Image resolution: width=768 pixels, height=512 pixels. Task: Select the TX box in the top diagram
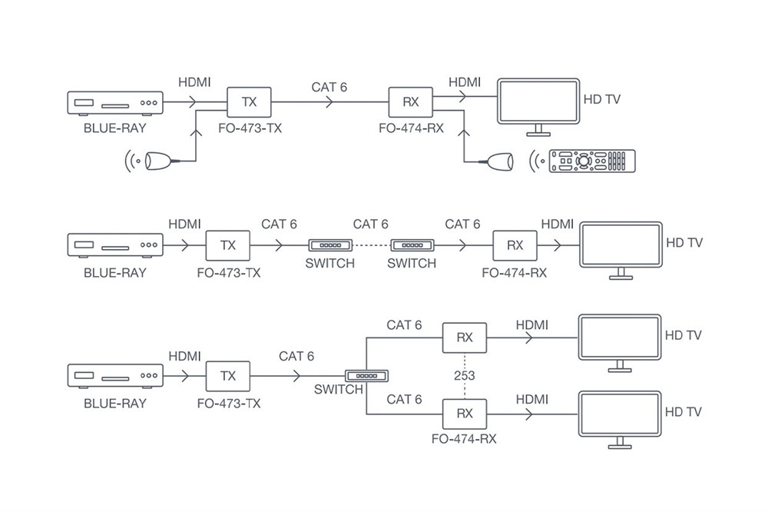pyautogui.click(x=250, y=102)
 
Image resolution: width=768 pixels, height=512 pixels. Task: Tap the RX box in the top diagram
pyautogui.click(x=411, y=102)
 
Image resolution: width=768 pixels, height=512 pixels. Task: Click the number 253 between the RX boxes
pyautogui.click(x=465, y=376)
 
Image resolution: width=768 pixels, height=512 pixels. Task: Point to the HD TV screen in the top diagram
pyautogui.click(x=538, y=101)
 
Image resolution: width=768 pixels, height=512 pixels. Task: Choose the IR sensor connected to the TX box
pyautogui.click(x=158, y=161)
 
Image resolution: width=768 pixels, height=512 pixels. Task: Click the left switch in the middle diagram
pyautogui.click(x=329, y=246)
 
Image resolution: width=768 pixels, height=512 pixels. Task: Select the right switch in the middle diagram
pyautogui.click(x=412, y=246)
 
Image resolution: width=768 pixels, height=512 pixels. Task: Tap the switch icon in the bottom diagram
pyautogui.click(x=367, y=375)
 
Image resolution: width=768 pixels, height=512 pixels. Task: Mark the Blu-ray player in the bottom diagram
pyautogui.click(x=114, y=376)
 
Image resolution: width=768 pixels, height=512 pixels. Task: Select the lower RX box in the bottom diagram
pyautogui.click(x=465, y=413)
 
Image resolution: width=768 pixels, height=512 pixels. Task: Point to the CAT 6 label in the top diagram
pyautogui.click(x=329, y=87)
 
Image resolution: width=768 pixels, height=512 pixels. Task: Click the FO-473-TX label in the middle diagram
pyautogui.click(x=228, y=273)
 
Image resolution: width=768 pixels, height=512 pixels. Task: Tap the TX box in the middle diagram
pyautogui.click(x=228, y=245)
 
